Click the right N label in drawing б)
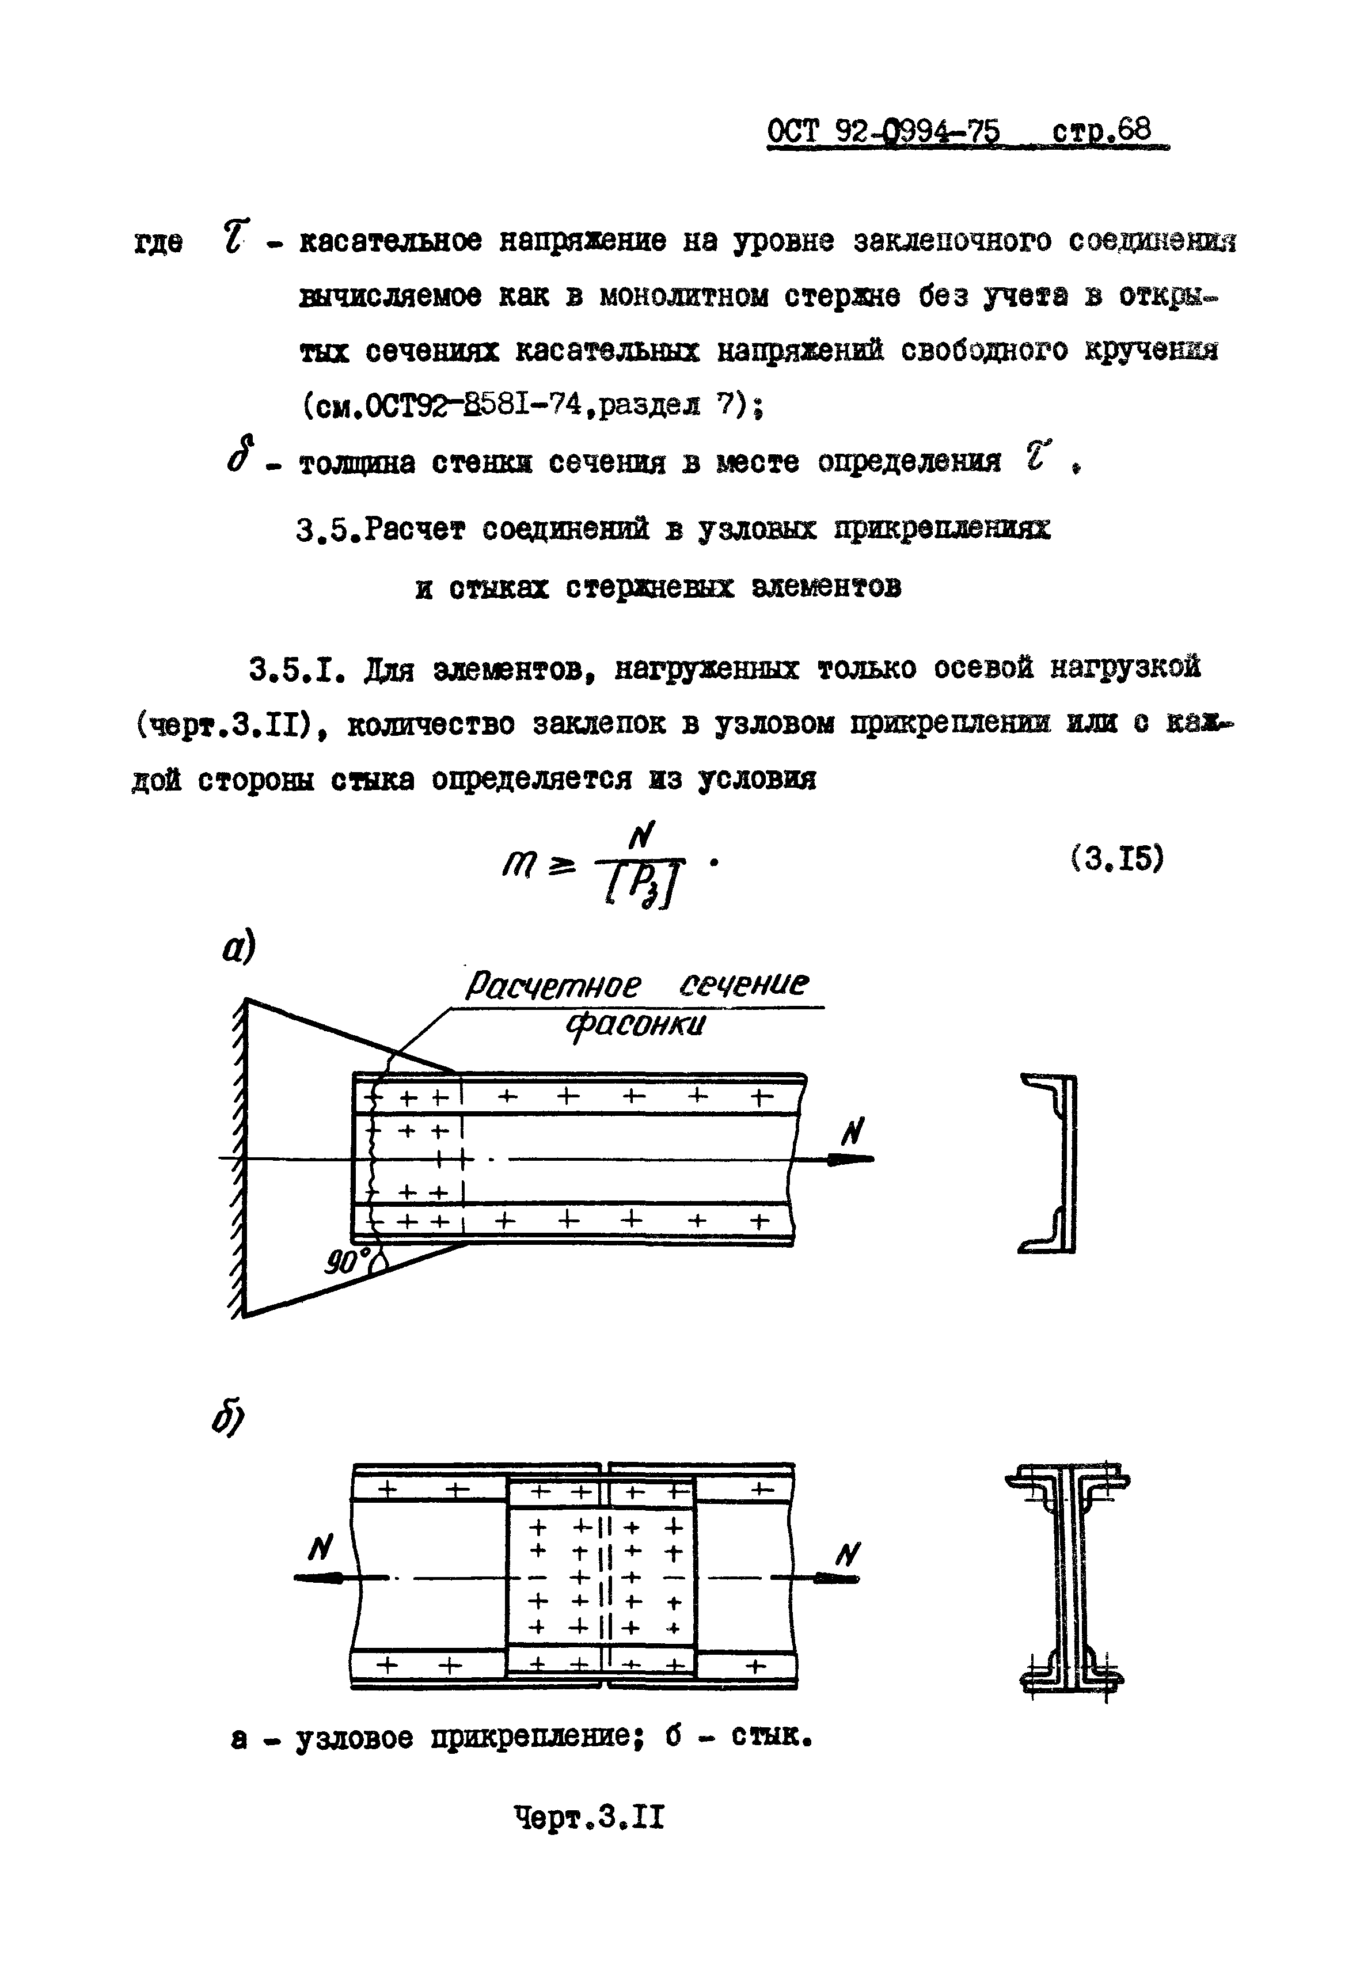coord(848,1555)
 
